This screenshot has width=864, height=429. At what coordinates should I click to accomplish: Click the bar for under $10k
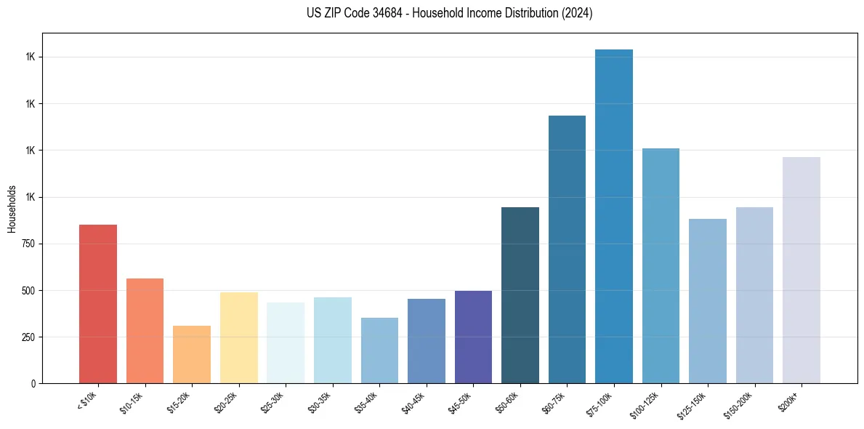tap(98, 304)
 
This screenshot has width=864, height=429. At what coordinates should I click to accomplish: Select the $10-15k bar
tap(145, 331)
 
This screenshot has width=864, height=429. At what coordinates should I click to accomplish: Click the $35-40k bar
tap(379, 350)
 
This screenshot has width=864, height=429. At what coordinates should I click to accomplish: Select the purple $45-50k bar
tap(473, 337)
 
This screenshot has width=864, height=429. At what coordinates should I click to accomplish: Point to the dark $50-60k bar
tap(520, 295)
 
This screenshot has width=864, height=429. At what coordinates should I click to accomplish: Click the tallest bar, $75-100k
tap(614, 217)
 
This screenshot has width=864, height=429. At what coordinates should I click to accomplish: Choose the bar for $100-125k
tap(661, 266)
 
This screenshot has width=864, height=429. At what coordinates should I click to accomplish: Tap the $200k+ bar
tap(802, 270)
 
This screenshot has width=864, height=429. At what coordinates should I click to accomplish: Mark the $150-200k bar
tap(754, 295)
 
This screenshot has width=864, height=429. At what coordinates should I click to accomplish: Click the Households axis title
tap(12, 208)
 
